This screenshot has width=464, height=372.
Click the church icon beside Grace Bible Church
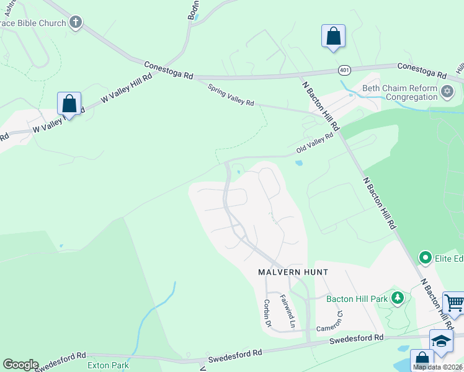[76, 23]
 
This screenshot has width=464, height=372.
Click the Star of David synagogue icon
[447, 92]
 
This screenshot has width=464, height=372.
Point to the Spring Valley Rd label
[231, 95]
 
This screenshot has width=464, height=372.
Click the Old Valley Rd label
[319, 146]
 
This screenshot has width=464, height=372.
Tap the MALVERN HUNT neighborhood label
[293, 272]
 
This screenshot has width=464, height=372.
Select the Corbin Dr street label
[269, 314]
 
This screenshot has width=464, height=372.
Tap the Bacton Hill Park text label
[357, 299]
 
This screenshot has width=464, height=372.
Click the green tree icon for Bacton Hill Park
[397, 298]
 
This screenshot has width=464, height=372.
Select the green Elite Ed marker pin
[425, 257]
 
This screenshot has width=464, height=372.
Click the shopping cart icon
[454, 303]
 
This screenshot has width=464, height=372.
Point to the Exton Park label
[108, 365]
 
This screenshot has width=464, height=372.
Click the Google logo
[20, 365]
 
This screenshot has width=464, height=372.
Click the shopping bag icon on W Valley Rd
[69, 104]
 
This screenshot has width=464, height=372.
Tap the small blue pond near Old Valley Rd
[299, 164]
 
